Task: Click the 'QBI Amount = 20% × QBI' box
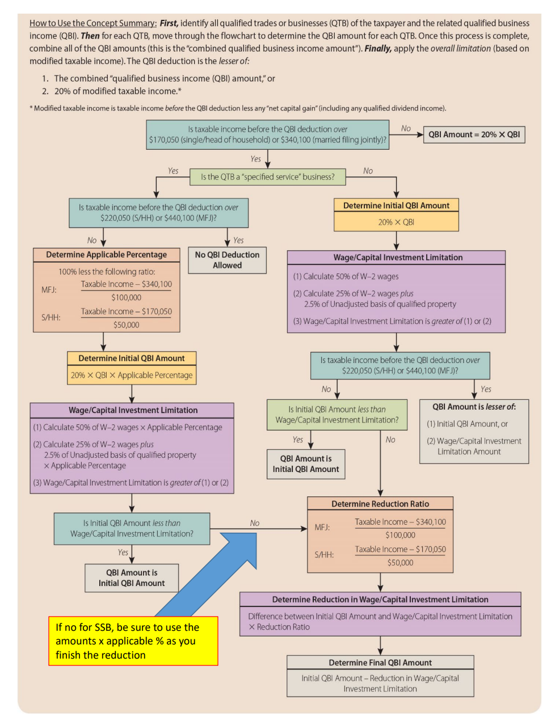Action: coord(474,134)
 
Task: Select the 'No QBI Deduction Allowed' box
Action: coord(227,260)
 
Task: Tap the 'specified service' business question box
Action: coord(267,177)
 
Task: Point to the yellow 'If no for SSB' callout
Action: coord(133,641)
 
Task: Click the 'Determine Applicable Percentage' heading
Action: coord(106,255)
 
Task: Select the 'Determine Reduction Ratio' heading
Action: coord(380,504)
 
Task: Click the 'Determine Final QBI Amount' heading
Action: coord(380,663)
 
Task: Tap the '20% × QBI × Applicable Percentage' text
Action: coord(132,375)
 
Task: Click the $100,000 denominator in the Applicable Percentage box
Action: coord(126,297)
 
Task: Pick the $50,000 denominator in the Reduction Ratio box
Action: coord(400,563)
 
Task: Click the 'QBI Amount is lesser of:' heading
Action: coord(474,407)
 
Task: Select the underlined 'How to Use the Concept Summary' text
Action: coord(93,23)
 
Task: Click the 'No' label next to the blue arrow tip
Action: coord(255,523)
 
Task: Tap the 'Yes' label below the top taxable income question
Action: coord(256,159)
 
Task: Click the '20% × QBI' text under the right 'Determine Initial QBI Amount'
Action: coord(396,222)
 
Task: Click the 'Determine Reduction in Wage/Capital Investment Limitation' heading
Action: coord(380,600)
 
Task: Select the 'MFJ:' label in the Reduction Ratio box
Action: coord(322,527)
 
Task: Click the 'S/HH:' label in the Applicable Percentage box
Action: coord(51,317)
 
